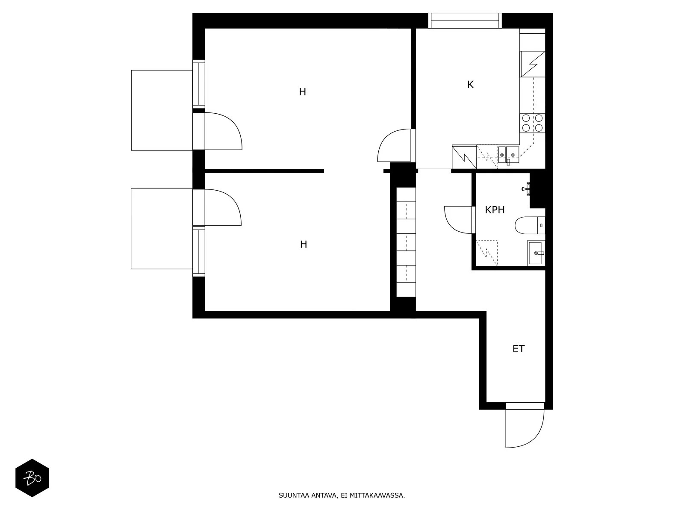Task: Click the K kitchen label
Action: point(470,85)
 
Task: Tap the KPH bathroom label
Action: point(495,210)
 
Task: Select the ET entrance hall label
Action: point(518,349)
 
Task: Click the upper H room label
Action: point(303,92)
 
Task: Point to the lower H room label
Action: point(304,245)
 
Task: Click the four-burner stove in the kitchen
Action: point(532,123)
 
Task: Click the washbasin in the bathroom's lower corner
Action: point(536,253)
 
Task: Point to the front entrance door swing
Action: point(524,427)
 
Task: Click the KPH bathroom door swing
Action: point(459,220)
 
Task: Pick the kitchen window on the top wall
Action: point(465,21)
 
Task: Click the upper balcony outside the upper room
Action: point(162,110)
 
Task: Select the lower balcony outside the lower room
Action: point(162,228)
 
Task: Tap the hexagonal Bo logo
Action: point(32,478)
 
